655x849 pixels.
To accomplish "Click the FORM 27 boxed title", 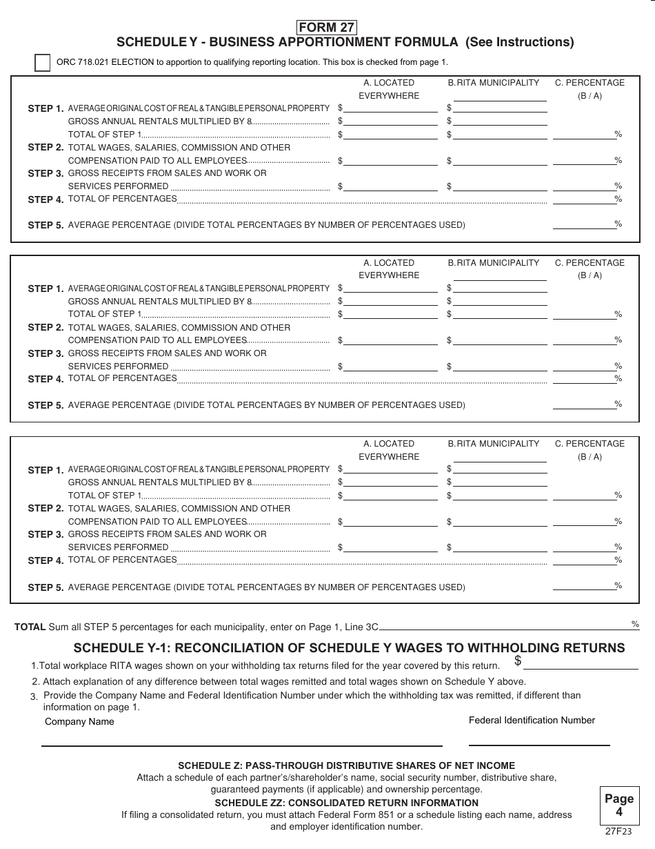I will point(327,28).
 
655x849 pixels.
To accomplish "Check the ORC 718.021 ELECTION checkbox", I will point(43,63).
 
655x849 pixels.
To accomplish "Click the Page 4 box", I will point(619,805).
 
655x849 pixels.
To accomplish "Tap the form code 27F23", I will point(619,832).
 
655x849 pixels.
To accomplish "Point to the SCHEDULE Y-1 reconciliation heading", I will point(349,648).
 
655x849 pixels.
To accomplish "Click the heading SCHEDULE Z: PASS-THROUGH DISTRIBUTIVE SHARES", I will point(346,765).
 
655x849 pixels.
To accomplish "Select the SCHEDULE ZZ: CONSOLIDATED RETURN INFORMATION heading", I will point(346,803).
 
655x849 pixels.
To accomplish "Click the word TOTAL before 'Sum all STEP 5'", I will point(30,627).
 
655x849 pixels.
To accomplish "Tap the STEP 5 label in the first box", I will point(46,226).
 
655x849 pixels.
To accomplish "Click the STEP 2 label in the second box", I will point(46,328).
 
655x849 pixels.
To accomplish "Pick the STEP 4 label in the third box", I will point(46,561).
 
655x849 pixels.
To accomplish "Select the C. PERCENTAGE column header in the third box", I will point(589,444).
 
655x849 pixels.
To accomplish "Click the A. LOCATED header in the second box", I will point(389,263).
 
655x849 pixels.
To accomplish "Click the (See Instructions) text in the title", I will point(519,42).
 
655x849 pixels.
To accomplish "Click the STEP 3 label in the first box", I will point(46,174).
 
